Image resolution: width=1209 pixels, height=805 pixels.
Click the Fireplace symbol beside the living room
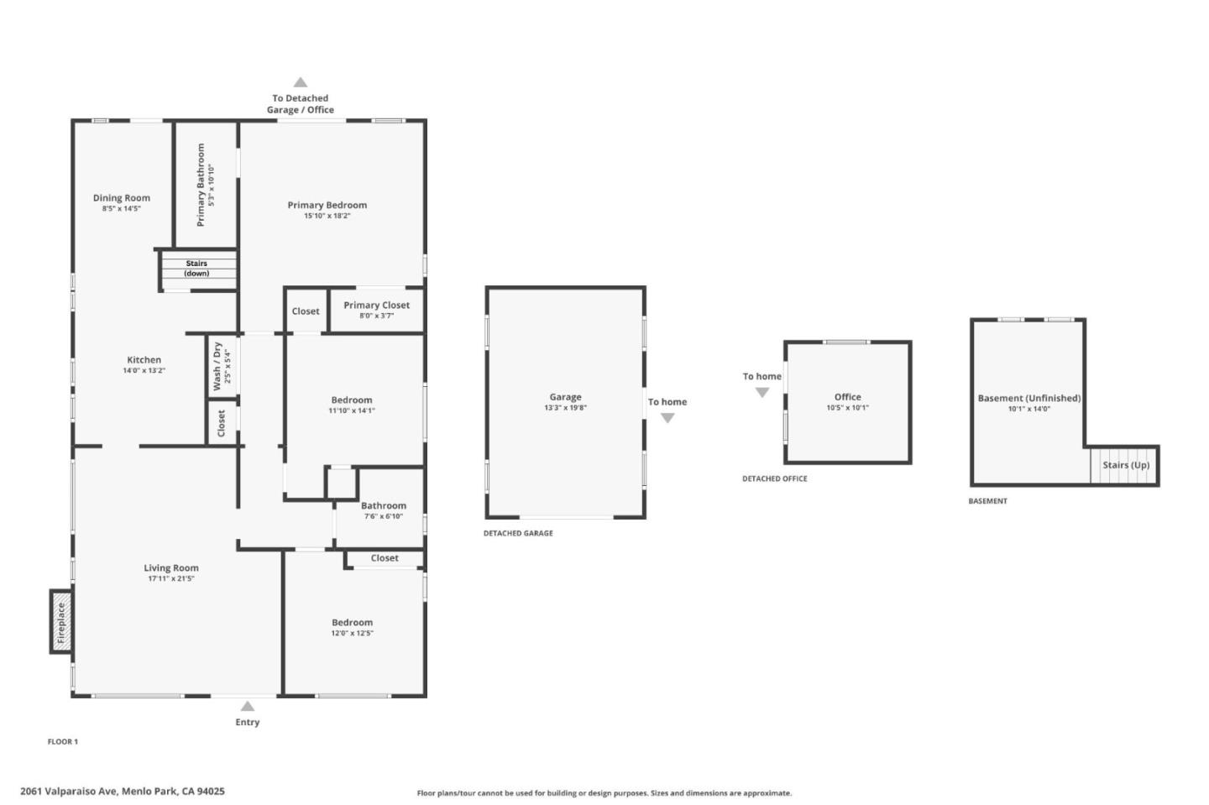61,622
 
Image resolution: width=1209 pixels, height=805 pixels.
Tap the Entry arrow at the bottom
247,706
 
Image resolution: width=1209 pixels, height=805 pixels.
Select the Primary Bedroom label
327,205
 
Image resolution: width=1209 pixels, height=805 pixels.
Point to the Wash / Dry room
222,366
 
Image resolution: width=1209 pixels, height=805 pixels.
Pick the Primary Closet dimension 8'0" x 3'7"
377,316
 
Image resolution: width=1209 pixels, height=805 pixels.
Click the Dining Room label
122,198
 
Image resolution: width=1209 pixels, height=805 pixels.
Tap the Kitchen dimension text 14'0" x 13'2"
144,371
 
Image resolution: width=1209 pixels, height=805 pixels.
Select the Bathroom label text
384,505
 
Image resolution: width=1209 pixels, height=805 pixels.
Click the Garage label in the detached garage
566,397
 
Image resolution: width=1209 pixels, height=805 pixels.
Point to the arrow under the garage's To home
667,418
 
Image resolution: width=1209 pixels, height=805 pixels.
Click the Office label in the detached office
848,397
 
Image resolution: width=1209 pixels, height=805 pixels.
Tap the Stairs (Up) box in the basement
1123,465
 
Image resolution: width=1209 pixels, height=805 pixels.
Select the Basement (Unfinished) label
1029,398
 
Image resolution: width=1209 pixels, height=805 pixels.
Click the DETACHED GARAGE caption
518,533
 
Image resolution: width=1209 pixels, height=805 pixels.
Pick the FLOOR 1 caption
63,741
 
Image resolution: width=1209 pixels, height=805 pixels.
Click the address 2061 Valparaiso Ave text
69,791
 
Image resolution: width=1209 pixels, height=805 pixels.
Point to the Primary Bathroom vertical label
201,185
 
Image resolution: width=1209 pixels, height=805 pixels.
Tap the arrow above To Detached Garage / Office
301,82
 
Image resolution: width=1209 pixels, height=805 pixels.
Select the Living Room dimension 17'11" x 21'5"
171,578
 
